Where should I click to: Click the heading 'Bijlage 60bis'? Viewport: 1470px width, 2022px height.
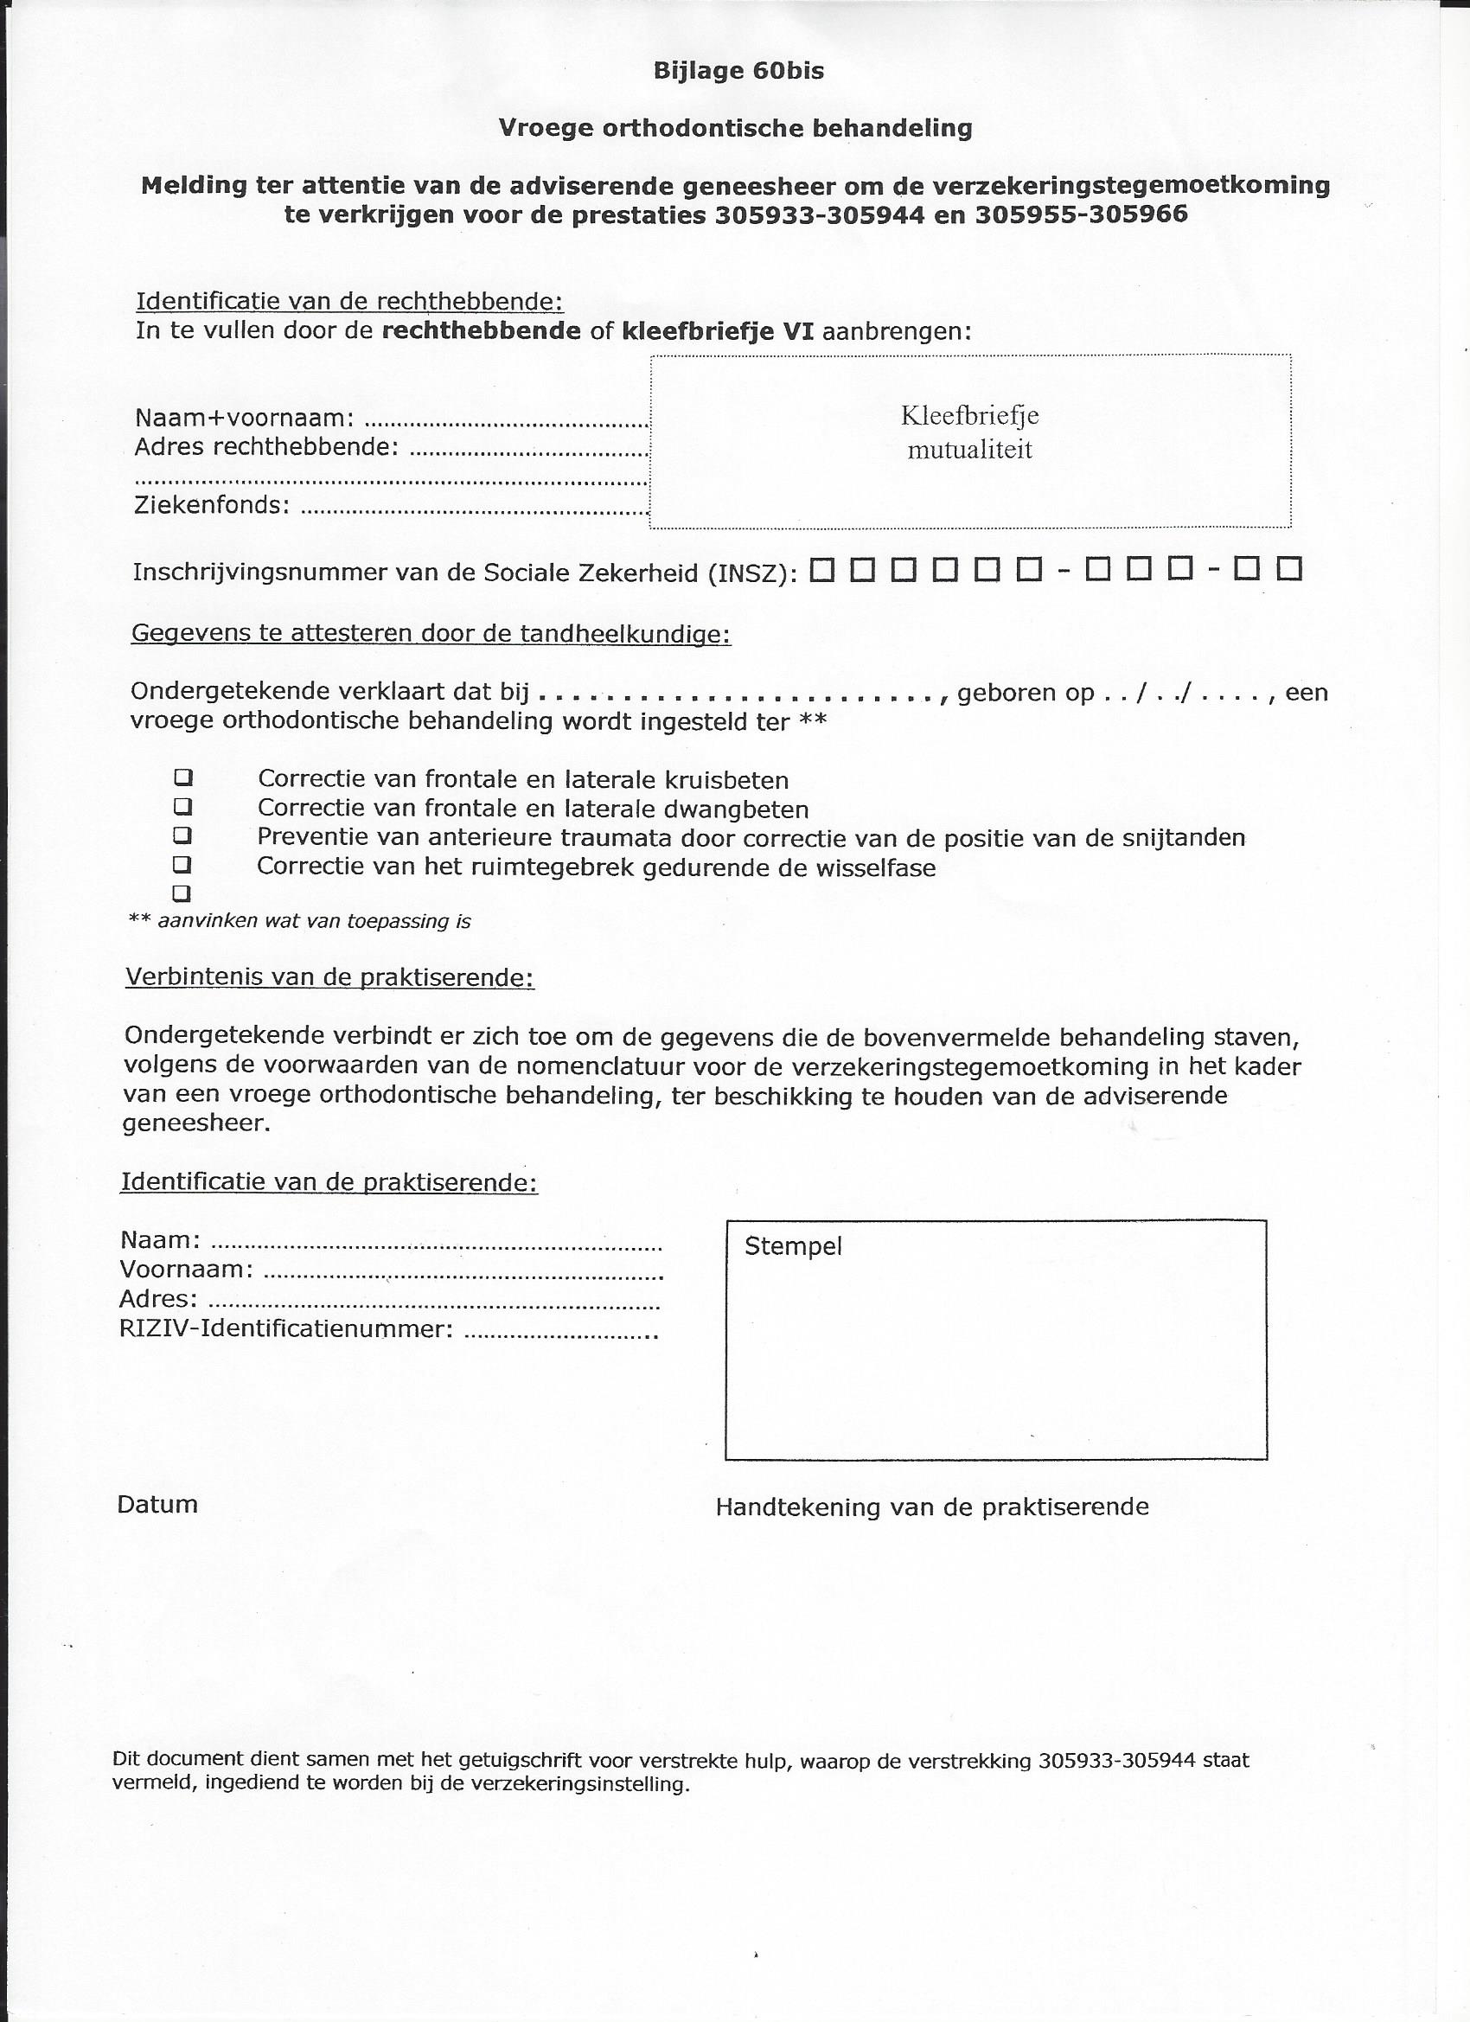[x=738, y=71]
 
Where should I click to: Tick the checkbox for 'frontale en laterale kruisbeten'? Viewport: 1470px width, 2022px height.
[x=182, y=777]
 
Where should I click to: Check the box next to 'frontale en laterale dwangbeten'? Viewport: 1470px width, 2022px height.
[x=182, y=807]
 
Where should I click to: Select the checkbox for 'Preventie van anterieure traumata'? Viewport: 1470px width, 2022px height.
[x=182, y=835]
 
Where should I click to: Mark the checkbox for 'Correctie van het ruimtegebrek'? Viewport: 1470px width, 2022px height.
[x=182, y=864]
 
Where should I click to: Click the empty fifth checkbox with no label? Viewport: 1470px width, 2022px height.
[x=182, y=893]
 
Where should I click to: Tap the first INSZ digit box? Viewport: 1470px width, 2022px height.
[x=822, y=569]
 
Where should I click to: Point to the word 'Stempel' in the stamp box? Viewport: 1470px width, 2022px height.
[x=792, y=1246]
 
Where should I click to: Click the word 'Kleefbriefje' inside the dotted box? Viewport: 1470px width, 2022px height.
[x=970, y=416]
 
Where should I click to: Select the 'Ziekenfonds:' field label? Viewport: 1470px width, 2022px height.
[x=212, y=505]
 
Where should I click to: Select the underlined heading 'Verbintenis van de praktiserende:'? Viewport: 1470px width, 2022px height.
[x=329, y=977]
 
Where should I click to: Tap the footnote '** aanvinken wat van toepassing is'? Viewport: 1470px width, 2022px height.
[x=299, y=921]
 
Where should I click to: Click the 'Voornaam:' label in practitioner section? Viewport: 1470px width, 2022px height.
[x=186, y=1269]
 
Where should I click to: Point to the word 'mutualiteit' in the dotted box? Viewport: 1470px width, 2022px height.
[x=970, y=451]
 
